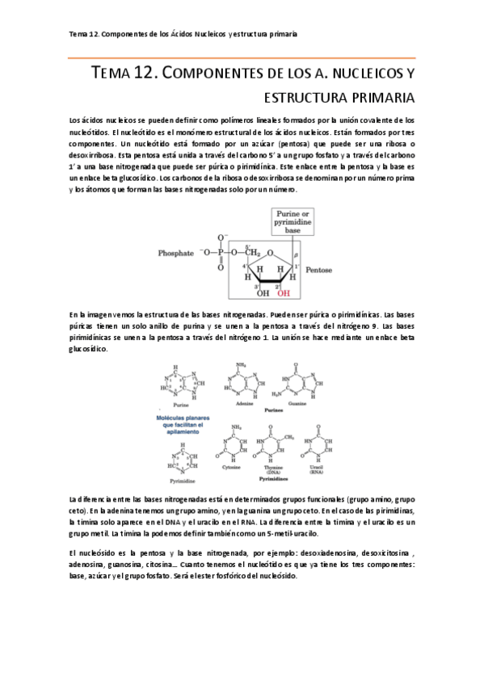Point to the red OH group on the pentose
pos(283,294)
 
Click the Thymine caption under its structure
pos(274,467)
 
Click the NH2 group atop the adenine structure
pos(239,365)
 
